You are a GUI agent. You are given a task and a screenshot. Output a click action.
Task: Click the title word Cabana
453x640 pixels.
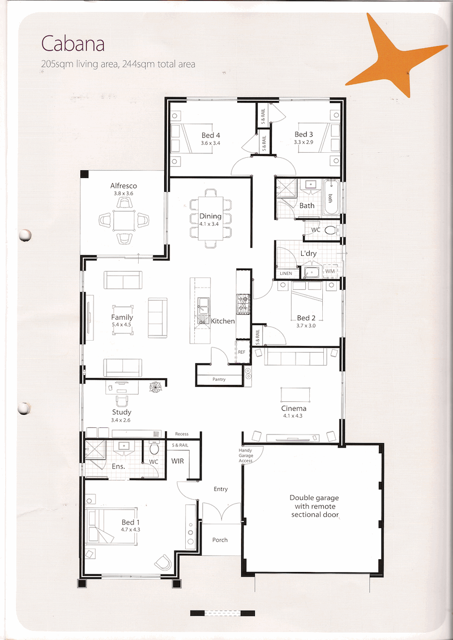click(x=72, y=44)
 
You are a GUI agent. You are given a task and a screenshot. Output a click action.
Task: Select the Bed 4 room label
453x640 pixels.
click(x=211, y=135)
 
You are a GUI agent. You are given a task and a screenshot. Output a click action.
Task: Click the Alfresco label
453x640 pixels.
click(x=123, y=186)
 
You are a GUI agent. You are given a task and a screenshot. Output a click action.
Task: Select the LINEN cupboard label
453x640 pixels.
click(x=286, y=273)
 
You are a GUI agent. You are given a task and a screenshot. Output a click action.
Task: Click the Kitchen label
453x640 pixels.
click(x=223, y=321)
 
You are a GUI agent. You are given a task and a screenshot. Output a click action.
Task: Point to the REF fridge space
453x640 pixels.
click(x=241, y=351)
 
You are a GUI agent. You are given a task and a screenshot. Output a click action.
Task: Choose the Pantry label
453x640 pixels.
click(x=219, y=379)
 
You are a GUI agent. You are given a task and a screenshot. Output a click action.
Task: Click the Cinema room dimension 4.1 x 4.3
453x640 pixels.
click(x=293, y=415)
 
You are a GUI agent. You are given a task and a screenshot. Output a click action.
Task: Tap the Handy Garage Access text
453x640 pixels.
click(x=246, y=456)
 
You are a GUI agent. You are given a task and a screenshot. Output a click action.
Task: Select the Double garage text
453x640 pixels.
click(x=314, y=506)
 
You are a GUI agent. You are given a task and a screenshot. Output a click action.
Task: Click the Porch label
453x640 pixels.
click(x=220, y=540)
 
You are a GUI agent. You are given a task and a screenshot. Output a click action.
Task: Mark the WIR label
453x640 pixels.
click(x=178, y=461)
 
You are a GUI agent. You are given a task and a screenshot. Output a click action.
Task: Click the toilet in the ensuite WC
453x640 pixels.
click(x=154, y=448)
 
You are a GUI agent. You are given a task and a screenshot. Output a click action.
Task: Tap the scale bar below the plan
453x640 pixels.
click(x=223, y=613)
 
